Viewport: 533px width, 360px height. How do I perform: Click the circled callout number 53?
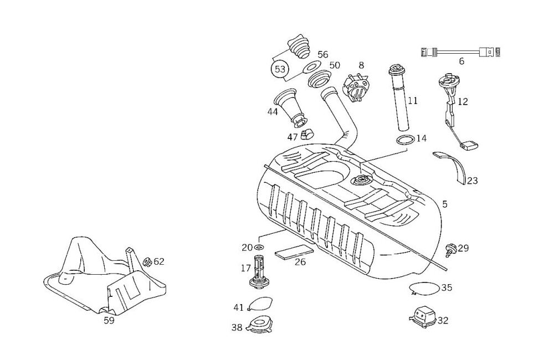[280, 70]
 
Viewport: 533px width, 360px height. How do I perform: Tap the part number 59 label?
[109, 320]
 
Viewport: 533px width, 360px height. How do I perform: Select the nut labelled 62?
[147, 261]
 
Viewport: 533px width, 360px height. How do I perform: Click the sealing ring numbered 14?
[405, 140]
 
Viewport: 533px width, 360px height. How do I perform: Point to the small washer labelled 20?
[260, 248]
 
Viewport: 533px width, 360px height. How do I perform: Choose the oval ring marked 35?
[424, 288]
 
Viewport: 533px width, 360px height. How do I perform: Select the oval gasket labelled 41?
[259, 305]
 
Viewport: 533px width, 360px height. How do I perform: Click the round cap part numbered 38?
[259, 324]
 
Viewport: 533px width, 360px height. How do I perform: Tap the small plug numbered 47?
[307, 133]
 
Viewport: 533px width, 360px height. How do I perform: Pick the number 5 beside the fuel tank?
[445, 204]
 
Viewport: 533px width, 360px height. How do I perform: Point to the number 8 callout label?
[361, 65]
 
